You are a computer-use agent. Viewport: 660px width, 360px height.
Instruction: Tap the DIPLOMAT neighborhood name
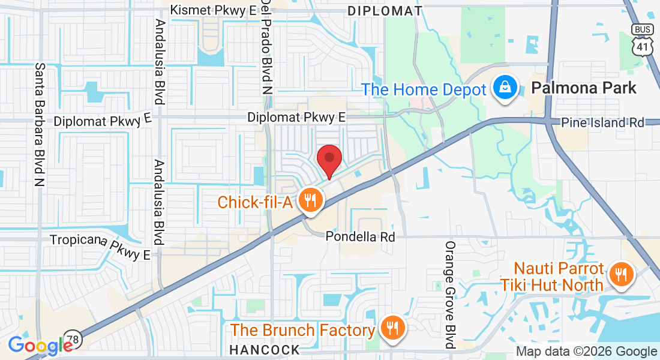(x=385, y=11)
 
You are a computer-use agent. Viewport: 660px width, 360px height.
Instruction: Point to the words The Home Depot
(x=423, y=90)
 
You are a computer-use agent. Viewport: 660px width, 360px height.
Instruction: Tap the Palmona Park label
(x=584, y=88)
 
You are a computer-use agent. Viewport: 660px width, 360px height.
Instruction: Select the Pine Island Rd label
(x=602, y=122)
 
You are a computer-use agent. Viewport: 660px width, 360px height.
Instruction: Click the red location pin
(x=329, y=159)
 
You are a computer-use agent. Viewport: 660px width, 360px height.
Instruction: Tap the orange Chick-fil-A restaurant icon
(x=310, y=201)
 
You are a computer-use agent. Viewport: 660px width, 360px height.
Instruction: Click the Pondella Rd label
(x=361, y=237)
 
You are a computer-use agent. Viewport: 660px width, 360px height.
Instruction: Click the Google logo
(x=40, y=346)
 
